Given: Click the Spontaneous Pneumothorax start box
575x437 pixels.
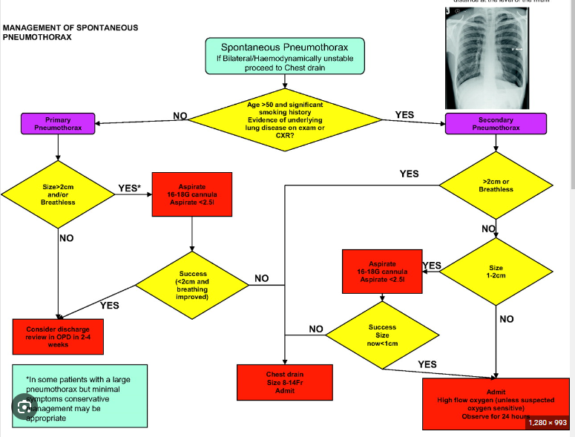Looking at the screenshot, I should (286, 56).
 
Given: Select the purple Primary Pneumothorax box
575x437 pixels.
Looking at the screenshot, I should (58, 124).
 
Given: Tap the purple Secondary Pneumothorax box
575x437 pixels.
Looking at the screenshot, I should (496, 124).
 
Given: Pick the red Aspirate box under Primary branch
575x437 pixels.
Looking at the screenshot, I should (192, 194).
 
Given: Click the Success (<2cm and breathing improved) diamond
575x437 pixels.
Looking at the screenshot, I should (192, 286).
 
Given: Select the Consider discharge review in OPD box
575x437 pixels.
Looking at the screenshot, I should (58, 335).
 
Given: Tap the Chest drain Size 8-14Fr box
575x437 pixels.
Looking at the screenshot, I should (285, 381).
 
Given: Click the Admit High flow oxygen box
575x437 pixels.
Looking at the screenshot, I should (496, 404).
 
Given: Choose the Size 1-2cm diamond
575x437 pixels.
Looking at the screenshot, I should (496, 272).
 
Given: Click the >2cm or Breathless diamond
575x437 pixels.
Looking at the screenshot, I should (496, 185).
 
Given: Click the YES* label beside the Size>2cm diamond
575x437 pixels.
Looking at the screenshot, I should (130, 188).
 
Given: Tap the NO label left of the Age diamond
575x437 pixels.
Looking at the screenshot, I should (180, 116).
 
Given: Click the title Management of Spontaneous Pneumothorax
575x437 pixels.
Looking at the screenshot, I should (70, 32).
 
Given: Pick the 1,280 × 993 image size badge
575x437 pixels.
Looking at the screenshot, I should (548, 422).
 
